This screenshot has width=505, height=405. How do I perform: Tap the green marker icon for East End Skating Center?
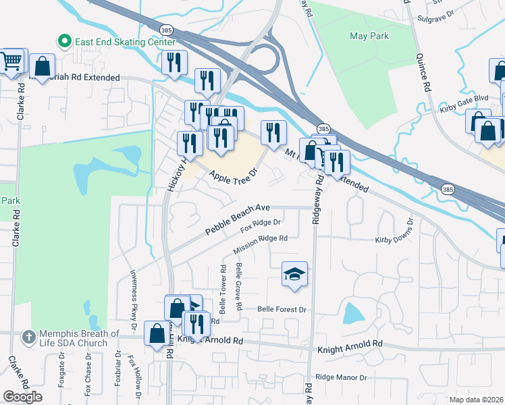[x=65, y=42]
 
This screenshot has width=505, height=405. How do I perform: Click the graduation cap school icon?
[x=294, y=273]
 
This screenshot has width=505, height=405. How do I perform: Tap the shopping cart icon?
[x=12, y=61]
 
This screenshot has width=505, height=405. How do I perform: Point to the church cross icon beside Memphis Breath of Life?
[x=28, y=336]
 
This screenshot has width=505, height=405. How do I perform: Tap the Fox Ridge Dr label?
[x=260, y=227]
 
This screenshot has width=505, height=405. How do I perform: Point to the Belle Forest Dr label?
[x=282, y=309]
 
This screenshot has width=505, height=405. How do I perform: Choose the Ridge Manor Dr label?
[x=340, y=378]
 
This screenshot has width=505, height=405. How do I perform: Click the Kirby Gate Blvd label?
[x=463, y=99]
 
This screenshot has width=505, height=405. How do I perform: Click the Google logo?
[x=23, y=397]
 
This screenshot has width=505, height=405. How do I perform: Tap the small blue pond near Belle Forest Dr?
[x=352, y=313]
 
